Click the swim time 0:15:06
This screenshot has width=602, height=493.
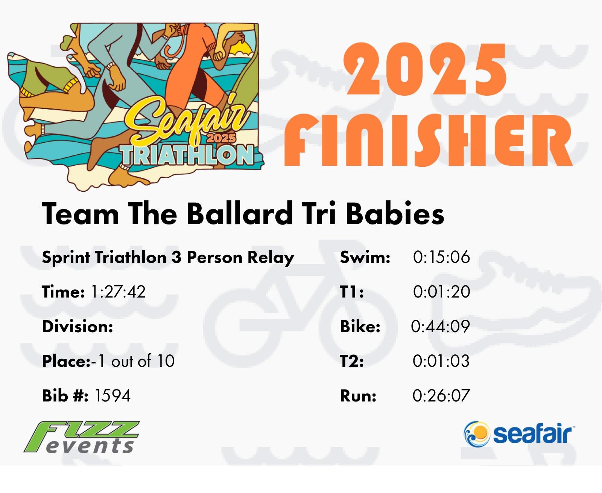pos(441,257)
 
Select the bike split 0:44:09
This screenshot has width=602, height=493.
pos(440,327)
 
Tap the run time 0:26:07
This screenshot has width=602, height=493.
pos(441,395)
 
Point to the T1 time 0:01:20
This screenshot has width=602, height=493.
pos(441,292)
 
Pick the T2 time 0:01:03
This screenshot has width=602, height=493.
pos(441,361)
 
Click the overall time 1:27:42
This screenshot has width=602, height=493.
pos(118,292)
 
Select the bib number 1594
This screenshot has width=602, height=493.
pos(112,396)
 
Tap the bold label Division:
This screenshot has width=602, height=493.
pos(78,327)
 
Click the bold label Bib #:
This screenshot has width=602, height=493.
pos(65,396)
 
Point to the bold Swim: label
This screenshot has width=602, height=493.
pos(365,257)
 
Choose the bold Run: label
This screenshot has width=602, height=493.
pos(358,396)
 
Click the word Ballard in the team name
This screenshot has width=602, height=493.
pos(240,214)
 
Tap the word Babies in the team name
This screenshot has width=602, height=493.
pos(395,214)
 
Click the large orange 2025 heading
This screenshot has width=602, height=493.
pos(425,69)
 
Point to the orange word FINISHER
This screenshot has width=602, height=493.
pos(429,140)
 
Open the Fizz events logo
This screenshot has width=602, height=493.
pos(82,437)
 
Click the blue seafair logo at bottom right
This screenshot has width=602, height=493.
pos(519,434)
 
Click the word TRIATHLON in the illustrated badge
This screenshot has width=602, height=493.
pos(187,155)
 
